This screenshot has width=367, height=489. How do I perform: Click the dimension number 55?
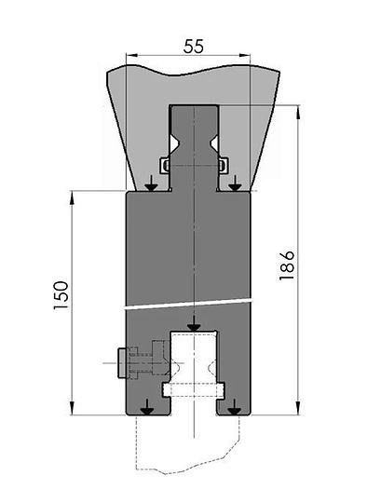[194, 47]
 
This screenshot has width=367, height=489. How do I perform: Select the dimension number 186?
[287, 265]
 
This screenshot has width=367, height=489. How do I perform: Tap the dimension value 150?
[61, 295]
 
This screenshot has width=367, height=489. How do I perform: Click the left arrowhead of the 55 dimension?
[132, 56]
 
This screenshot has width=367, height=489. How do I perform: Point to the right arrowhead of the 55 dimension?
[244, 56]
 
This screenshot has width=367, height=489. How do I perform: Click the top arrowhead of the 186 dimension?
[298, 112]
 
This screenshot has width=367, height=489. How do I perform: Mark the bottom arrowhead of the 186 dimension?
[298, 409]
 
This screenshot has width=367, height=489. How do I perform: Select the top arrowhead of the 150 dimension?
[72, 197]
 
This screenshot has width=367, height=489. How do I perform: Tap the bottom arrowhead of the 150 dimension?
[72, 409]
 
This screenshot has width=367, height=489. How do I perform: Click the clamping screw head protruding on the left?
[122, 363]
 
